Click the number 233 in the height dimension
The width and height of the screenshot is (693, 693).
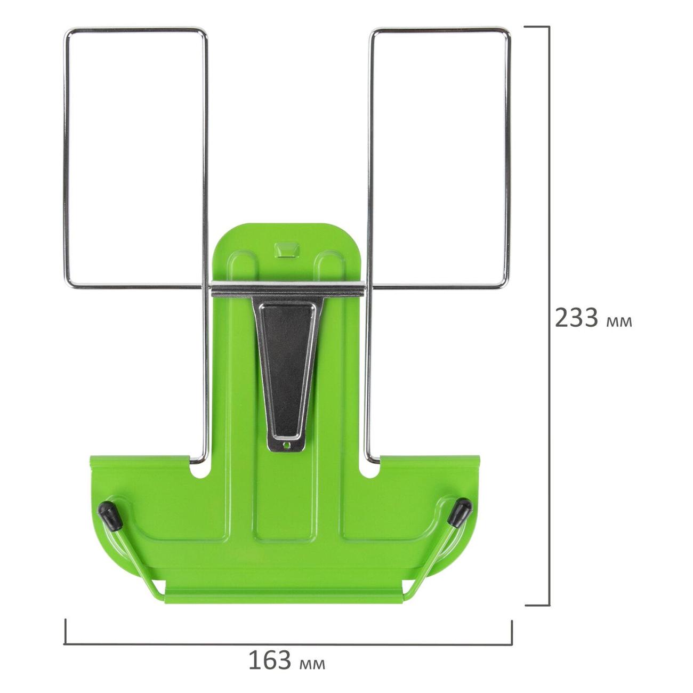[x=576, y=317]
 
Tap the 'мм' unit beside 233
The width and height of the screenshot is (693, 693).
[x=618, y=322]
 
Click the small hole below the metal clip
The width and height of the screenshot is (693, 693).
[x=287, y=446]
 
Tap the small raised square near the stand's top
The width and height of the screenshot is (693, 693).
[x=287, y=249]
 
